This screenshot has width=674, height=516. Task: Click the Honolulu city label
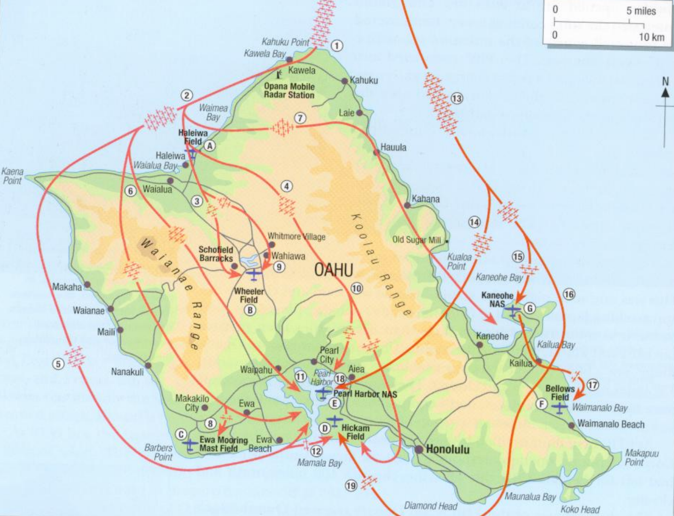pyautogui.click(x=447, y=450)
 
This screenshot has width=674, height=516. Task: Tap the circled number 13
pyautogui.click(x=456, y=99)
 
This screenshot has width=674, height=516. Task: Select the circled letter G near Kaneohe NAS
pyautogui.click(x=530, y=309)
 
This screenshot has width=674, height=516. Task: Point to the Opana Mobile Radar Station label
pyautogui.click(x=289, y=91)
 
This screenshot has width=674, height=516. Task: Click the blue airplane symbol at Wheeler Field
pyautogui.click(x=254, y=274)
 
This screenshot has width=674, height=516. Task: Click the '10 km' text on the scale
pyautogui.click(x=651, y=36)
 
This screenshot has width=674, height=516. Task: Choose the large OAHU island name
pyautogui.click(x=334, y=270)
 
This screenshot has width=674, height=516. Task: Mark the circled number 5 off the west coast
pyautogui.click(x=58, y=364)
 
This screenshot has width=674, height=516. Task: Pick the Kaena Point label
pyautogui.click(x=12, y=176)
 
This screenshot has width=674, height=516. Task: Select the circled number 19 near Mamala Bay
pyautogui.click(x=351, y=486)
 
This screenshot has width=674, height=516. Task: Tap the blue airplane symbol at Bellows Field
pyautogui.click(x=560, y=408)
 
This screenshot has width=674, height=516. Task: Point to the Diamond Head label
pyautogui.click(x=430, y=506)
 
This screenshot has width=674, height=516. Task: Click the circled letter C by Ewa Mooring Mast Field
pyautogui.click(x=181, y=434)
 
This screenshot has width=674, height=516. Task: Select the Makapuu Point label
pyautogui.click(x=641, y=457)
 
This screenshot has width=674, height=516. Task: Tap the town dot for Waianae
pyautogui.click(x=110, y=309)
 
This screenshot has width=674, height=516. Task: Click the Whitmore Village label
pyautogui.click(x=296, y=237)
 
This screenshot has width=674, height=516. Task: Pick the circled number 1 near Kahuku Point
pyautogui.click(x=337, y=46)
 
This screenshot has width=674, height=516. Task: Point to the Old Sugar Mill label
pyautogui.click(x=416, y=240)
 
